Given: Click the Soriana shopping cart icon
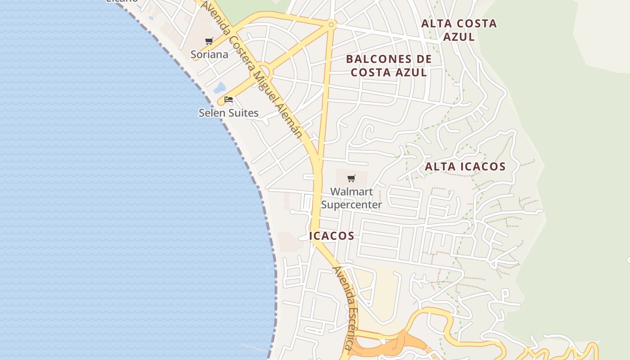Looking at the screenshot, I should click(x=209, y=41).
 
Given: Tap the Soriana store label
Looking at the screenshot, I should click(x=209, y=54).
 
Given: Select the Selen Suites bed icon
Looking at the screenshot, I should click(x=229, y=99).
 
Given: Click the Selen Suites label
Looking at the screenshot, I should click(x=229, y=112).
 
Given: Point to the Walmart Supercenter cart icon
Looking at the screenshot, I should click(x=351, y=178).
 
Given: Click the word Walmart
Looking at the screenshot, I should click(x=351, y=192).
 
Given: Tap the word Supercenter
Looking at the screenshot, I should click(x=351, y=205).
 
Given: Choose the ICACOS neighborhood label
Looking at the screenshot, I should click(x=332, y=236).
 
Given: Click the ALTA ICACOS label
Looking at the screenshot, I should click(x=465, y=166).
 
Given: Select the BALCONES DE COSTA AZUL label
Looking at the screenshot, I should click(x=389, y=66).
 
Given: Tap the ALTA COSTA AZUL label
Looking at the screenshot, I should click(x=459, y=30).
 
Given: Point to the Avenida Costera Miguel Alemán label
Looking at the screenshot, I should click(x=252, y=70).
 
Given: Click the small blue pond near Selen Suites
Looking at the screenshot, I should click(x=220, y=88).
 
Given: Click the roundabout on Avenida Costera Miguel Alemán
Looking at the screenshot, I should click(x=263, y=72).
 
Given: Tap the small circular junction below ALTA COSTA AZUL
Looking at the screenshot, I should click(x=331, y=24).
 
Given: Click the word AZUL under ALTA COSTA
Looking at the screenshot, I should click(x=459, y=36).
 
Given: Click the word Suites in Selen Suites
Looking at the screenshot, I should click(x=243, y=112).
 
